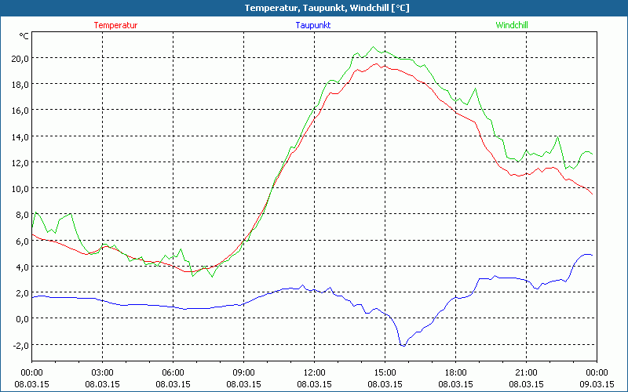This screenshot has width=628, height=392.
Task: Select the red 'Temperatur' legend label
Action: [115, 25]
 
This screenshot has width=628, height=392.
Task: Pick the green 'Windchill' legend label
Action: [512, 25]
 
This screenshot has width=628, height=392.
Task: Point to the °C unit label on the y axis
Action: [24, 36]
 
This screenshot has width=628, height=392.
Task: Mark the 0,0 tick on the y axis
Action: [20, 319]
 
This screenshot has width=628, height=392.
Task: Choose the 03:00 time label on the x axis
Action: [102, 372]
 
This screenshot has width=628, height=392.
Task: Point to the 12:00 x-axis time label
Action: [314, 372]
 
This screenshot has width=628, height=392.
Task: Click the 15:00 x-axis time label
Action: [385, 372]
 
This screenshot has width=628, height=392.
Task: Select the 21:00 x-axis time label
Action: [526, 372]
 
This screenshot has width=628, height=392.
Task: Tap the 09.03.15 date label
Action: [597, 383]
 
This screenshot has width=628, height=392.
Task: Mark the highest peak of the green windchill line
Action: [374, 47]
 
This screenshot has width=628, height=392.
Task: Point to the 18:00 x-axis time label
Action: [455, 372]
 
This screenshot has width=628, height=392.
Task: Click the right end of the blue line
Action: [592, 255]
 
